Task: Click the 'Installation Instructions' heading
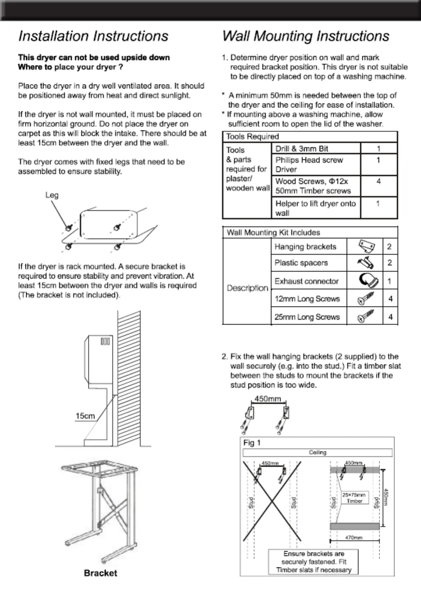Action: [93, 36]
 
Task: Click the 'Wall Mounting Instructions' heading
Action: [305, 36]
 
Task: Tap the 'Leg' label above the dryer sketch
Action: [52, 195]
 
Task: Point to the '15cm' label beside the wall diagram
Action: [85, 416]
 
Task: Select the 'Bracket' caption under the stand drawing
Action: [100, 573]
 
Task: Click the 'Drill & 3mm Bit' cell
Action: [302, 149]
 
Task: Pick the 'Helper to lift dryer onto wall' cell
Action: [315, 208]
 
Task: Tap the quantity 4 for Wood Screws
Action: [379, 182]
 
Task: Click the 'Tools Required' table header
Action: [252, 136]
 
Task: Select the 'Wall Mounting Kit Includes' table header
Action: [273, 232]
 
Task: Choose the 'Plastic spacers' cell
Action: [301, 263]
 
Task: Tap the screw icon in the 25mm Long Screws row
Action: [365, 316]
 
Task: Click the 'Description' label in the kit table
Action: [247, 288]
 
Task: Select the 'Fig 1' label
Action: [252, 443]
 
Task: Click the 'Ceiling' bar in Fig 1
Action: [317, 453]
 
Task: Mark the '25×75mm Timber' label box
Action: [355, 498]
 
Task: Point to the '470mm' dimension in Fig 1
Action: [354, 538]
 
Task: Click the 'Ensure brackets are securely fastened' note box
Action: [314, 562]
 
